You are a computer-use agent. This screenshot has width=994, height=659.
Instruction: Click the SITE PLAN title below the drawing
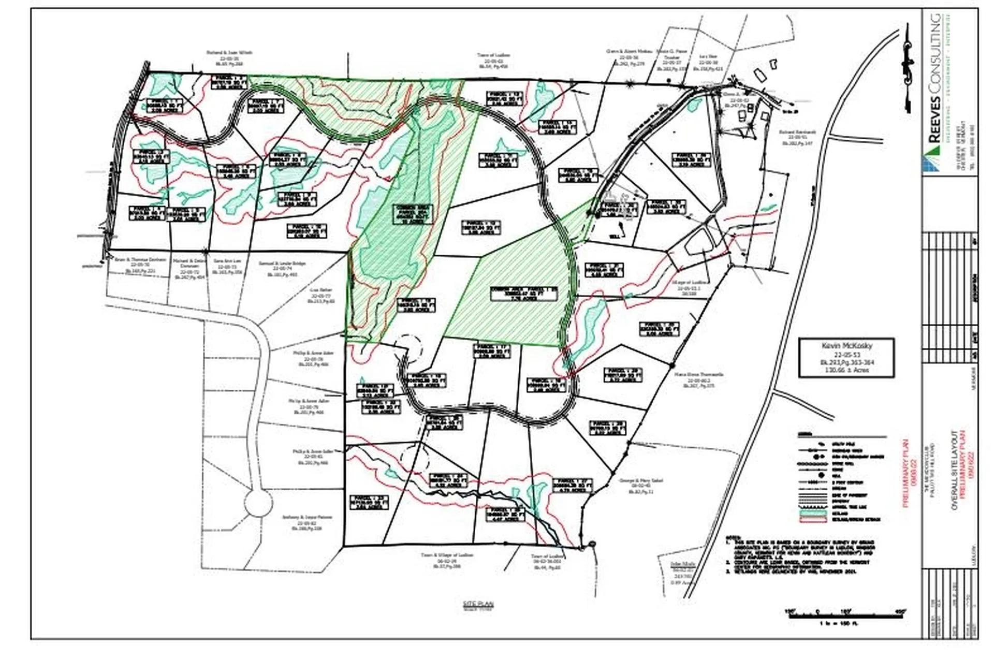(x=478, y=604)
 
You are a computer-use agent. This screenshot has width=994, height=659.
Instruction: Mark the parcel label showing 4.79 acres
(x=572, y=485)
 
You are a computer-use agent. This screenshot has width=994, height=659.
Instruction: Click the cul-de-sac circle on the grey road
(x=258, y=504)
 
